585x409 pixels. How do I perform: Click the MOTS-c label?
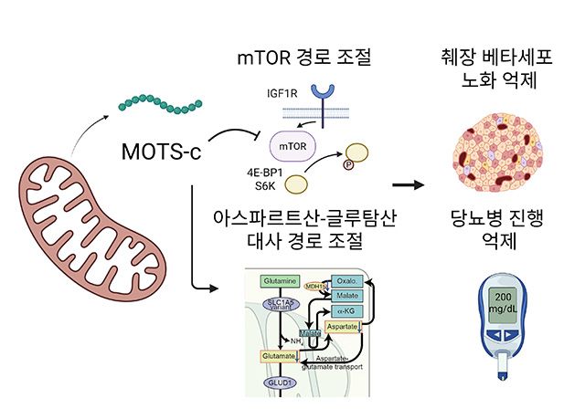tap(161, 150)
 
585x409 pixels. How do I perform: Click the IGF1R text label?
tap(263, 92)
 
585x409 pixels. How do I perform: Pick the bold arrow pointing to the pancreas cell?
tap(414, 185)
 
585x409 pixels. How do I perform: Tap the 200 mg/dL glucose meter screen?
tap(503, 304)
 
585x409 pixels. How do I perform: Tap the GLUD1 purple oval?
tap(280, 384)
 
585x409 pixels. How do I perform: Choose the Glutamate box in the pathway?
tap(279, 355)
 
